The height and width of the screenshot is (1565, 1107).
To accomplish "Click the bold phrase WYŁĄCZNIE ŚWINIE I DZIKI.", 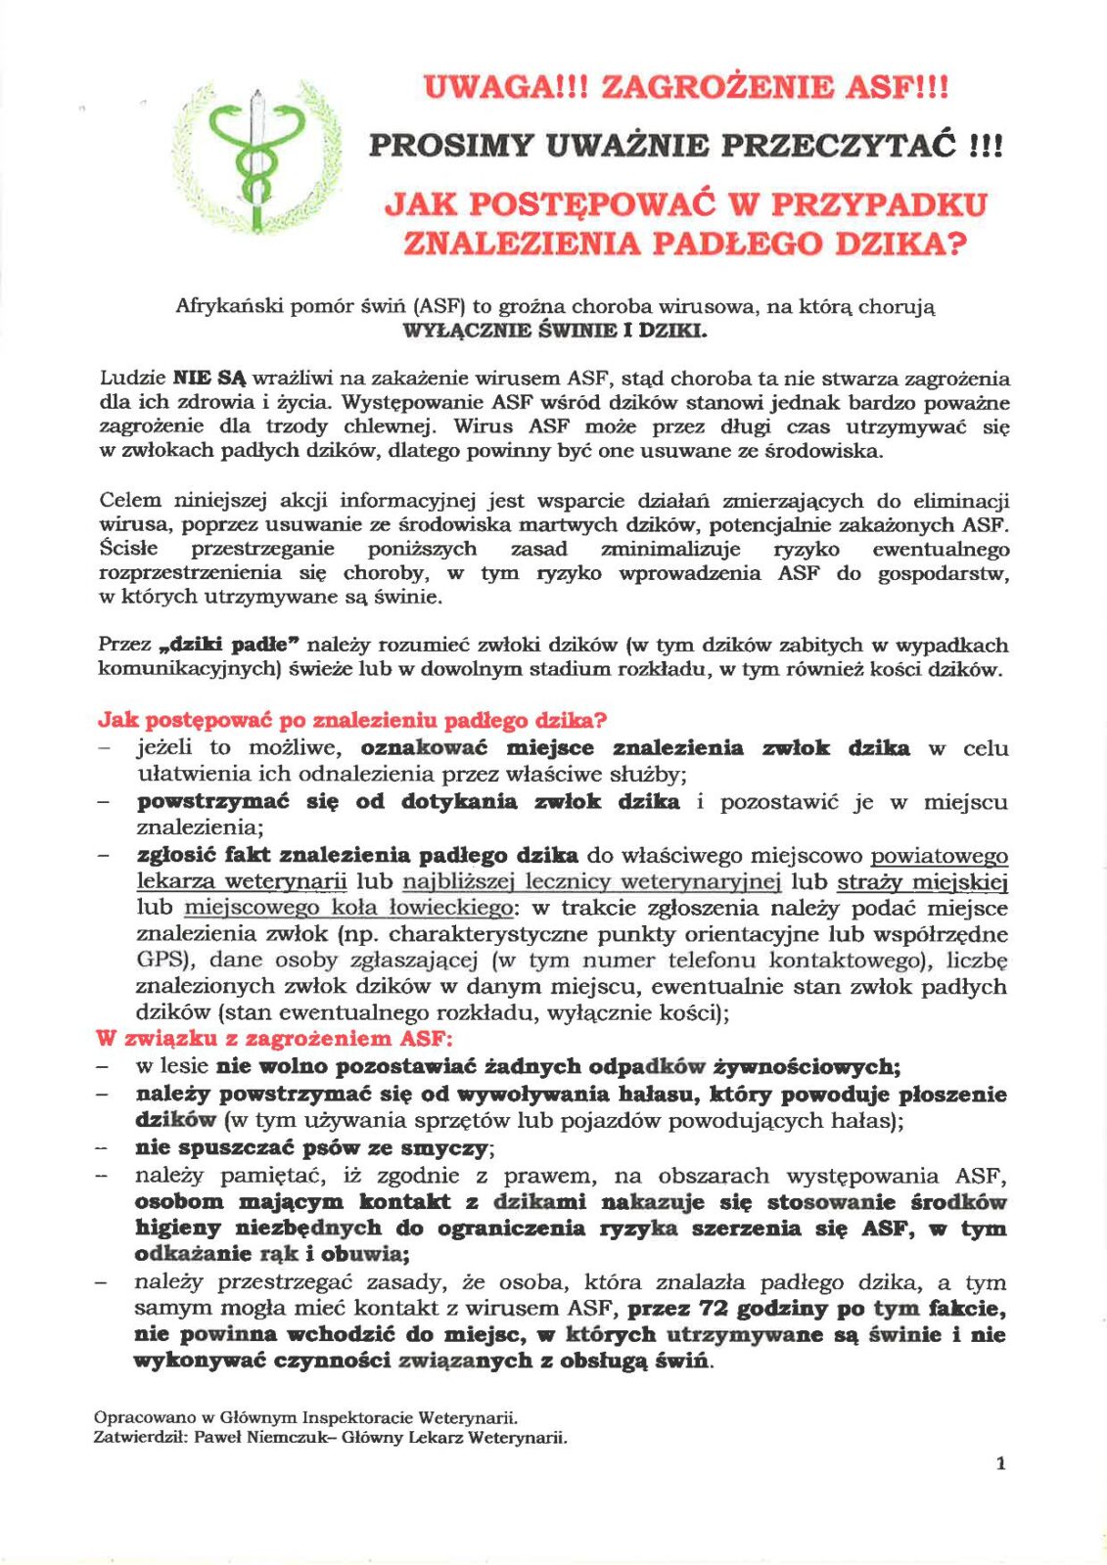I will (x=555, y=330).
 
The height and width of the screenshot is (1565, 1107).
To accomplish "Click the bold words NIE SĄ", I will (x=209, y=379).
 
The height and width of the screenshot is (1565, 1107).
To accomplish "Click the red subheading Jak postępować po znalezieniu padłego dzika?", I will (x=352, y=721).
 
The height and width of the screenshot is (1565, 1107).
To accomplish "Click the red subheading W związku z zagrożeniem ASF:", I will (x=274, y=1039).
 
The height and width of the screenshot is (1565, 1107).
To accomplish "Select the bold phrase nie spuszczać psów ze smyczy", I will (x=314, y=1147).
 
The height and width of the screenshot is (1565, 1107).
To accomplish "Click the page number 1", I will (x=999, y=1463).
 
